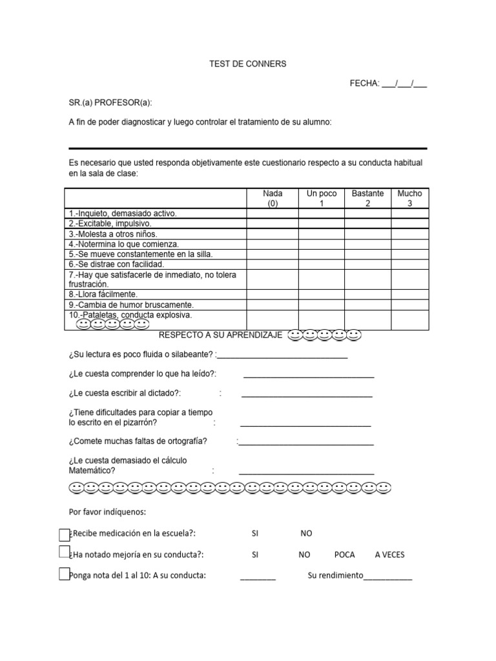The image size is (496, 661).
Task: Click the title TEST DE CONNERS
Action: click(248, 64)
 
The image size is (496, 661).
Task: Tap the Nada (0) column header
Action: click(272, 198)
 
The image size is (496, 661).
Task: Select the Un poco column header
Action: click(321, 198)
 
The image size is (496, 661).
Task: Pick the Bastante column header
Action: click(367, 198)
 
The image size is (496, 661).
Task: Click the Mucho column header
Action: click(409, 198)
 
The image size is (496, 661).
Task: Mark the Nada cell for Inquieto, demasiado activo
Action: click(272, 214)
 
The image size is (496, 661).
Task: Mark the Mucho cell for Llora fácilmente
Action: click(409, 294)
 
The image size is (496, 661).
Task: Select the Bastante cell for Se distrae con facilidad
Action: click(367, 264)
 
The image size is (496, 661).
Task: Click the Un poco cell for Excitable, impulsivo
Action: click(321, 223)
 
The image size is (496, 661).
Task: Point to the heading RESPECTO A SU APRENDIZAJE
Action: click(220, 336)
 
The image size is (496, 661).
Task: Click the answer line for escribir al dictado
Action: click(307, 394)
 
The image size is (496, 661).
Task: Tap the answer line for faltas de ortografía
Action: click(306, 443)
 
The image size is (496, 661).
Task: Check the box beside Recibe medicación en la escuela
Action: click(64, 534)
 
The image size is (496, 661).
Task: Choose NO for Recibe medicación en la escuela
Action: click(306, 534)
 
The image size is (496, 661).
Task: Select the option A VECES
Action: click(390, 555)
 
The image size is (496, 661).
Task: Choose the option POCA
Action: click(345, 555)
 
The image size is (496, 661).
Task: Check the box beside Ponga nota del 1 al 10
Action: click(64, 574)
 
